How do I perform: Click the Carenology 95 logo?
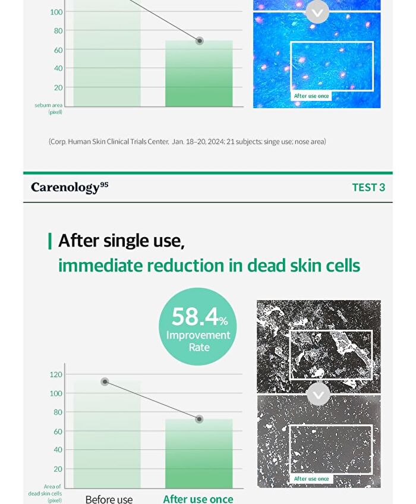70,187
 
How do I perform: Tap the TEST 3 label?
368,187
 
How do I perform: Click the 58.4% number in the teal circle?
200,317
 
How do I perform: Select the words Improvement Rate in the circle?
198,341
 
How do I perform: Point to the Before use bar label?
109,499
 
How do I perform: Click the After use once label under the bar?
198,499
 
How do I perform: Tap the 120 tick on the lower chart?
56,374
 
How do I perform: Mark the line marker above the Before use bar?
105,382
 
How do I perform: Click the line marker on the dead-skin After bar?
199,419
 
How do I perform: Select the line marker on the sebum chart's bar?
200,41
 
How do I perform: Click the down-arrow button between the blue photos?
317,12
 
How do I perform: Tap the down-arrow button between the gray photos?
319,395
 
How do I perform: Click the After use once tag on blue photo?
311,96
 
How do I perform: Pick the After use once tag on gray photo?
311,478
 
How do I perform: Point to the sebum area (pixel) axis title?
49,108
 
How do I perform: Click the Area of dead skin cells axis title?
45,493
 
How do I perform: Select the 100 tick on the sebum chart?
56,12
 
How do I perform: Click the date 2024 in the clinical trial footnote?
216,141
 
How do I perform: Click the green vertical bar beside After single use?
50,241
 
